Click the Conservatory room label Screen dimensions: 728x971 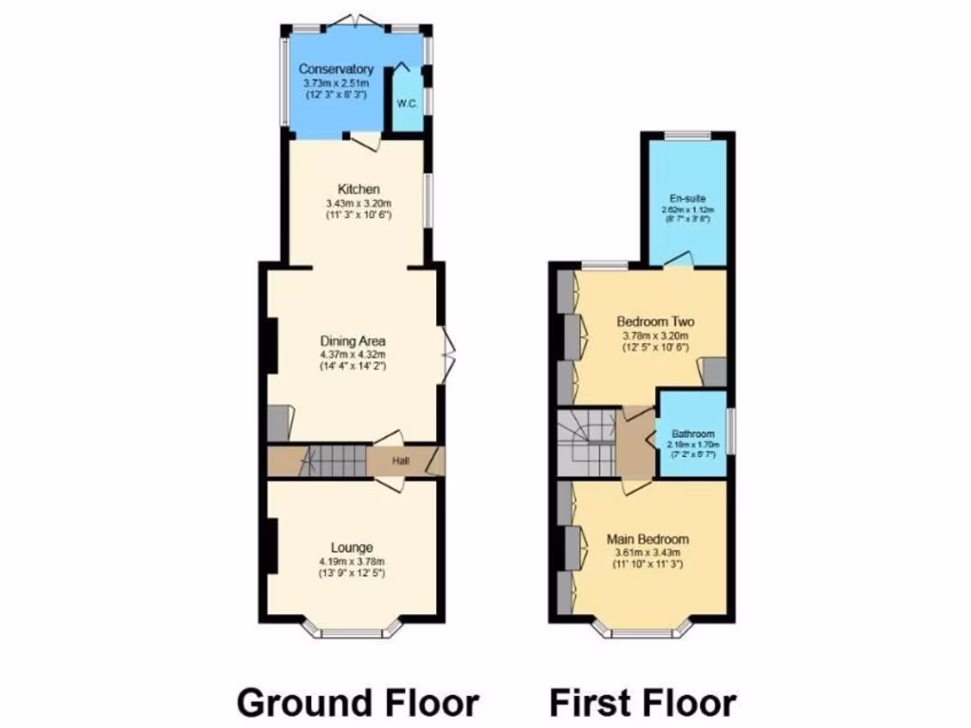tap(336, 69)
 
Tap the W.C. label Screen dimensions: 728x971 tap(407, 102)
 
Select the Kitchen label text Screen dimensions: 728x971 tap(357, 190)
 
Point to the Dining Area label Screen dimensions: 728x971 tap(353, 341)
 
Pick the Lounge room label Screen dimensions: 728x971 tap(352, 547)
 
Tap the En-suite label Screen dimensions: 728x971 tap(687, 198)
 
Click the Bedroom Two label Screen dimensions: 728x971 tap(654, 320)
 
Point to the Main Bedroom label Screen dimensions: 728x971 tap(648, 539)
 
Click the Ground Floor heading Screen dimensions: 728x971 tap(357, 703)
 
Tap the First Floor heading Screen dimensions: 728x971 tap(643, 703)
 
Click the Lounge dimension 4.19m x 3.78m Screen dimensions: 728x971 tap(352, 560)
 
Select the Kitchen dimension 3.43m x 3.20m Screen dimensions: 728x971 tap(357, 203)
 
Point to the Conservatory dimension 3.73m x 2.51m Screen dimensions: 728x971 tap(336, 82)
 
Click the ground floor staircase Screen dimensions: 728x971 tap(334, 462)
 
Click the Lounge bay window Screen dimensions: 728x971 tap(352, 631)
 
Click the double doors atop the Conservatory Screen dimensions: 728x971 tap(357, 20)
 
